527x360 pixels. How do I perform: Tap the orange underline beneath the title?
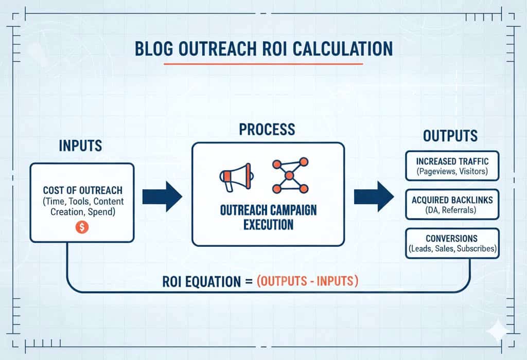pyautogui.click(x=263, y=64)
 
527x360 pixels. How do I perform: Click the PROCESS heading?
pyautogui.click(x=267, y=129)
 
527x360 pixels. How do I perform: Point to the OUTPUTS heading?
pyautogui.click(x=450, y=136)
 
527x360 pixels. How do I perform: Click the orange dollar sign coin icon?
pyautogui.click(x=82, y=227)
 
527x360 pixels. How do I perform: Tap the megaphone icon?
pyautogui.click(x=236, y=175)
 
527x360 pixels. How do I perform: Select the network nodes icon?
pyautogui.click(x=289, y=175)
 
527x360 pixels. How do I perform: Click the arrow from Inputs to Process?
pyautogui.click(x=162, y=196)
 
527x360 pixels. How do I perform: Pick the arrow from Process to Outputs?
pyautogui.click(x=373, y=196)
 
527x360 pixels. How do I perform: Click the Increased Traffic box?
pyautogui.click(x=452, y=166)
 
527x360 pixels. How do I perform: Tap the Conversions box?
pyautogui.click(x=452, y=243)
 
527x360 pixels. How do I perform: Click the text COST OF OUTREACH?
pyautogui.click(x=82, y=191)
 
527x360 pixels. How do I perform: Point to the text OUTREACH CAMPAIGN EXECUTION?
pyautogui.click(x=268, y=218)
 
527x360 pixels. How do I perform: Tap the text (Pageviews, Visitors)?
pyautogui.click(x=452, y=171)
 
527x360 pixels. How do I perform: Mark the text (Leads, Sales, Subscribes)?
pyautogui.click(x=452, y=249)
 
